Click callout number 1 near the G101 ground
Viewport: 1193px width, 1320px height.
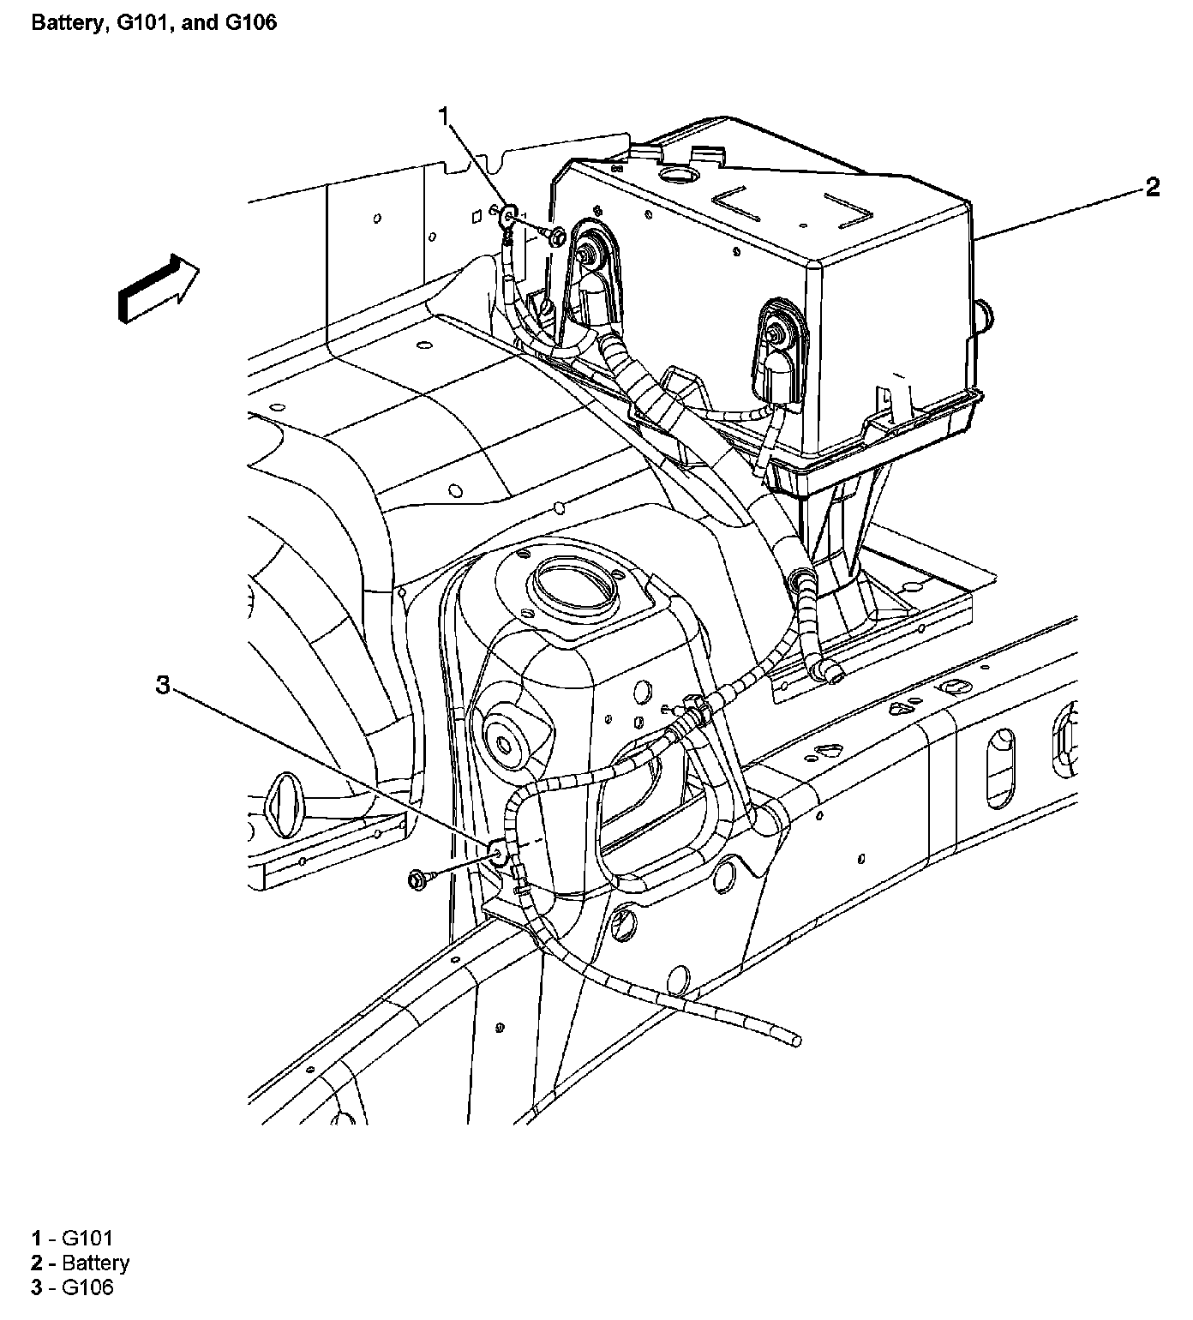point(444,117)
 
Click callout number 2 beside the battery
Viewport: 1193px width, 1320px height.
point(1152,187)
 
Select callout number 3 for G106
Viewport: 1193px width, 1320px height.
point(163,684)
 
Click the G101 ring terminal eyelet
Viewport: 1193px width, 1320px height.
point(507,212)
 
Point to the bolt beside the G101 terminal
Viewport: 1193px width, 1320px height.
point(554,235)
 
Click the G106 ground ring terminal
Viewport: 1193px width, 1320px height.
point(496,852)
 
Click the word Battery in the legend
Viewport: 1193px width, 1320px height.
point(96,1263)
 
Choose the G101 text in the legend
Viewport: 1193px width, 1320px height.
point(87,1238)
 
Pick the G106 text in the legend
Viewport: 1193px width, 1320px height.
point(87,1287)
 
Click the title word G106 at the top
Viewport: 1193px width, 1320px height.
point(249,22)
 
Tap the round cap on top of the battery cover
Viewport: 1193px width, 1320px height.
point(680,178)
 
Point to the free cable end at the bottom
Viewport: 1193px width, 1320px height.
point(795,1039)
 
